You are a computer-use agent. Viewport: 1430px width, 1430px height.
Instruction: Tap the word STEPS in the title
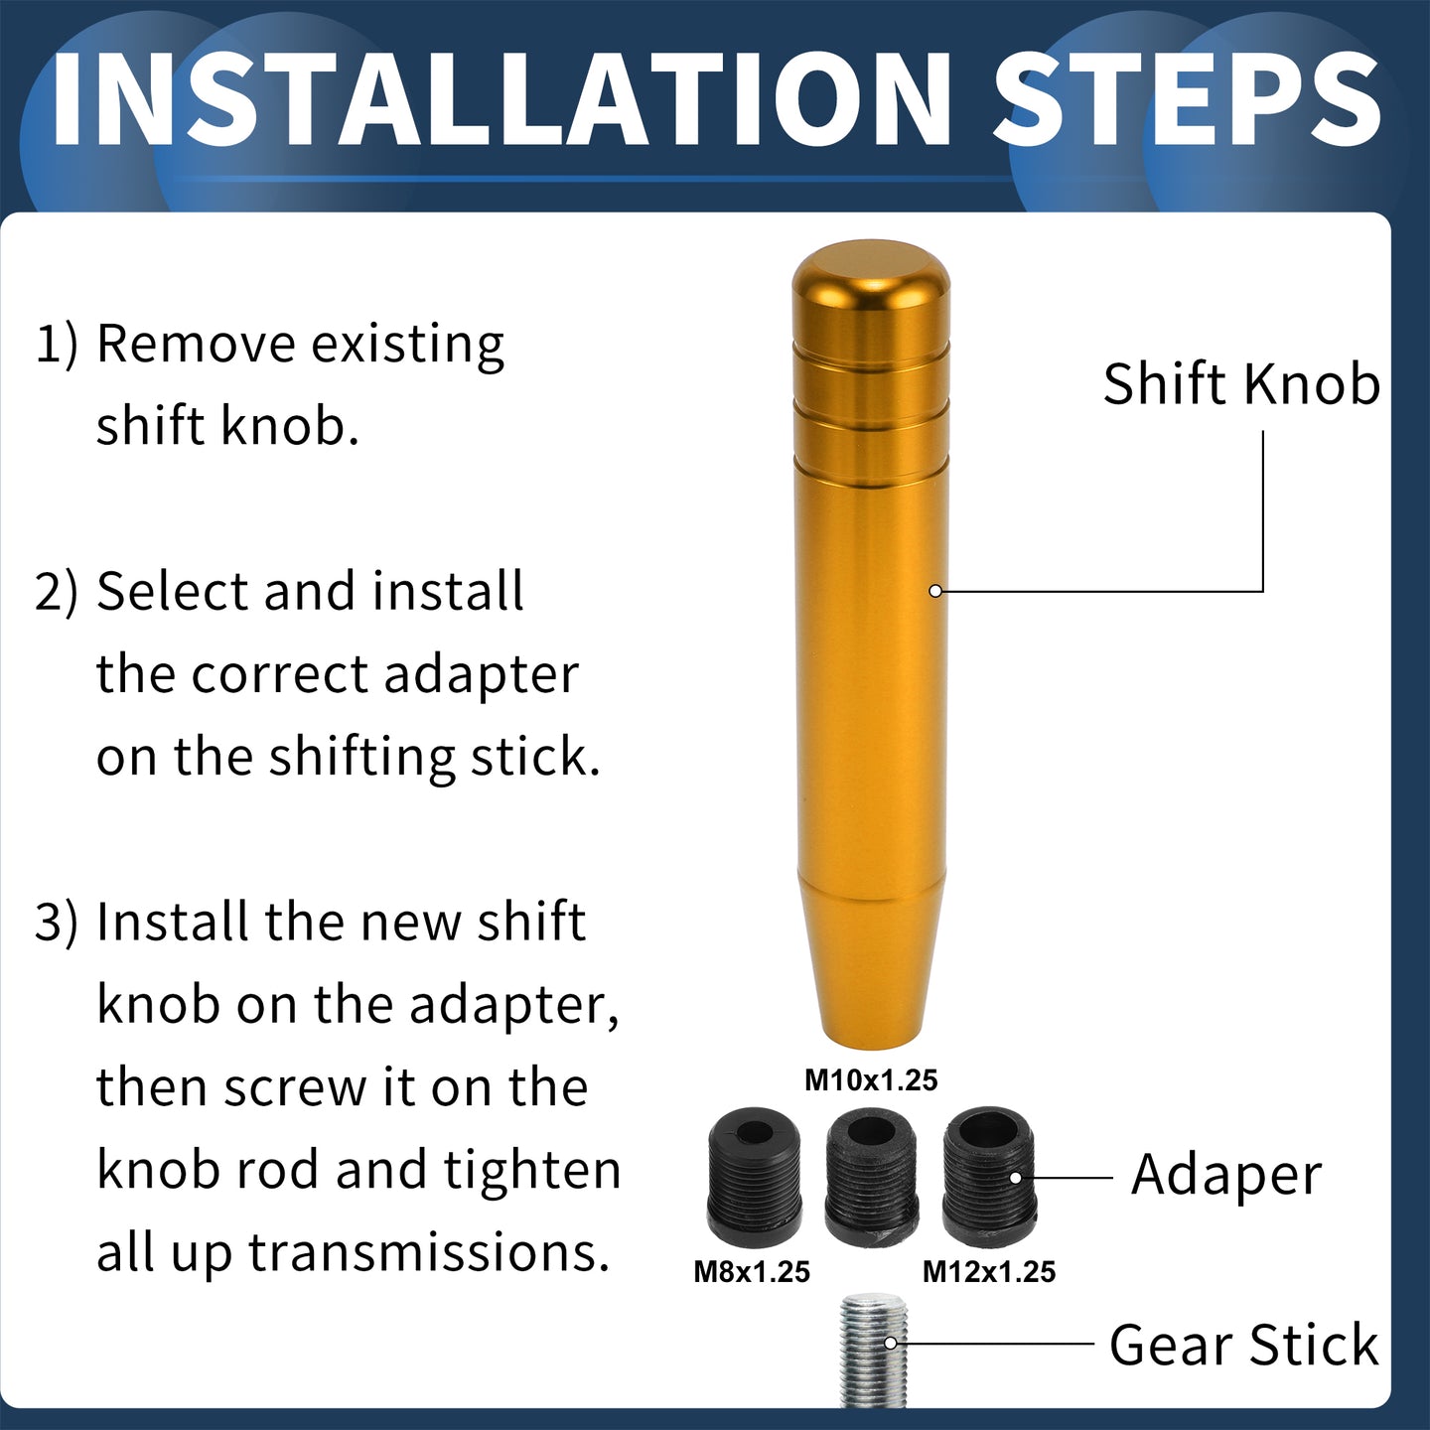(1188, 99)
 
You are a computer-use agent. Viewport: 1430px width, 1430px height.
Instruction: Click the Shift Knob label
(1240, 384)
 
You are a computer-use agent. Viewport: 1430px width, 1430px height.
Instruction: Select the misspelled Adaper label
(1225, 1176)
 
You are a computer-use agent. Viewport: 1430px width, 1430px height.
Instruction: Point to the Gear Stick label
(1243, 1345)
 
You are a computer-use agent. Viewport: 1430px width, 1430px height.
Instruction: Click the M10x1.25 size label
(871, 1080)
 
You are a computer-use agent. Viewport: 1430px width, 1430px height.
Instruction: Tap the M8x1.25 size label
(752, 1272)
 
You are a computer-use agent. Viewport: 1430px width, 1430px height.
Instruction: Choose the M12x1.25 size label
(988, 1272)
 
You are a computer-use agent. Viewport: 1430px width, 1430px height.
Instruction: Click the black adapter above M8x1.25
(754, 1176)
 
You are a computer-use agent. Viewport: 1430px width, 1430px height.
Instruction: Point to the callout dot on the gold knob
(935, 591)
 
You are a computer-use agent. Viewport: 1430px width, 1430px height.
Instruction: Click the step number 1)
(57, 345)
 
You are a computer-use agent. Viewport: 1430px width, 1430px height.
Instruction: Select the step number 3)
(57, 922)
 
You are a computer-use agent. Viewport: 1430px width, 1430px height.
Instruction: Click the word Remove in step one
(196, 344)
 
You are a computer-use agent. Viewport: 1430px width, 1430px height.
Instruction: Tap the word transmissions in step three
(429, 1252)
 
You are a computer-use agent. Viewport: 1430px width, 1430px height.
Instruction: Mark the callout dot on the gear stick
(891, 1344)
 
